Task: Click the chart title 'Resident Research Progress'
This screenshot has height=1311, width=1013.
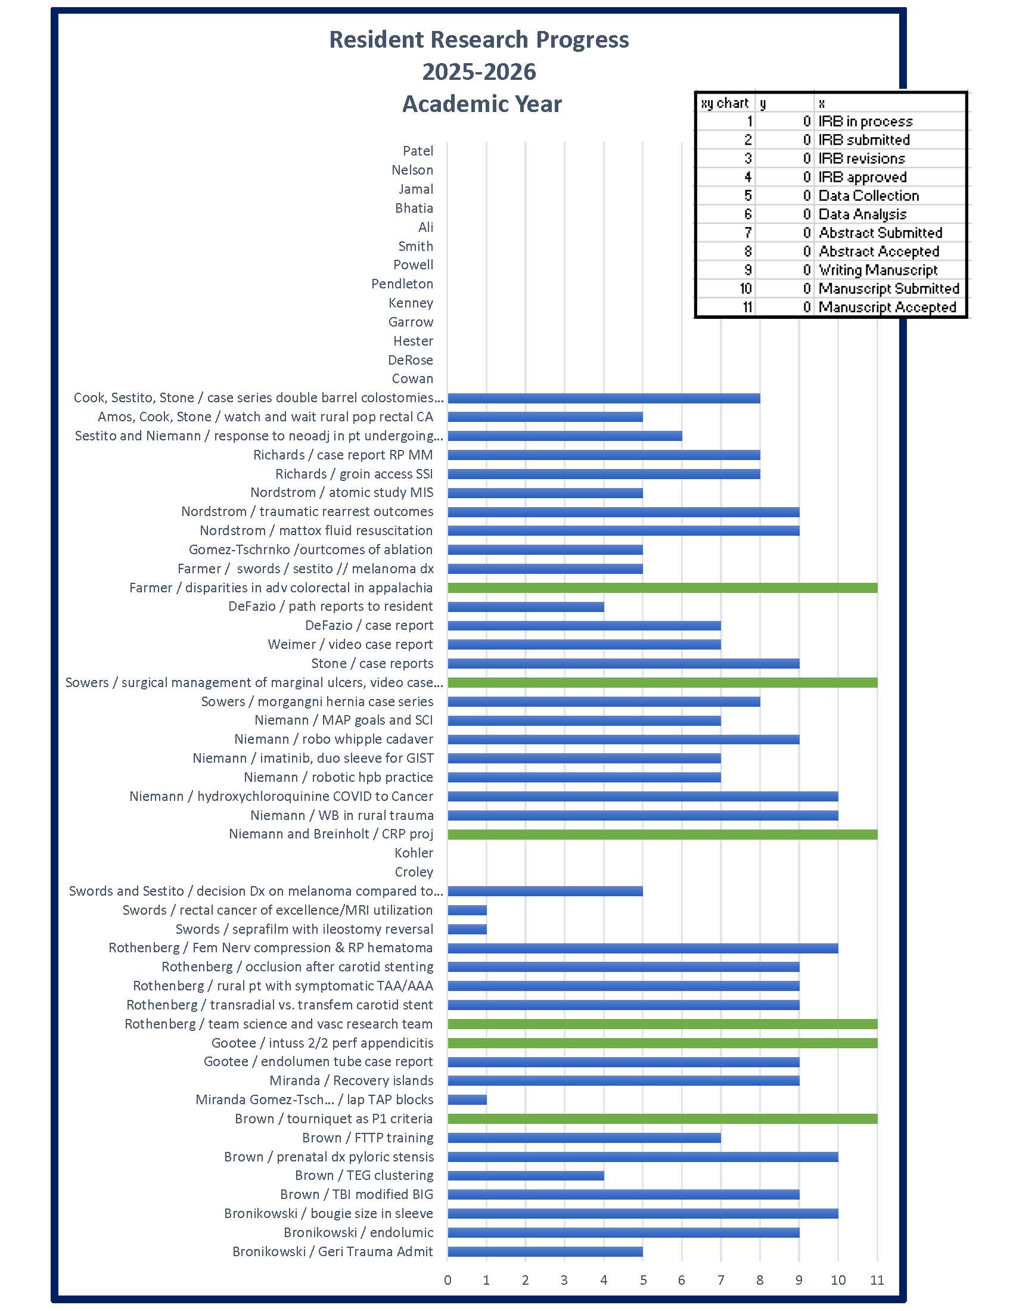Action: [x=479, y=39]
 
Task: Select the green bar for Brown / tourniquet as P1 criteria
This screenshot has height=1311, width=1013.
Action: [x=663, y=1119]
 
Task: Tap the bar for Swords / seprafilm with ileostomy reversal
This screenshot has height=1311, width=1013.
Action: [x=467, y=929]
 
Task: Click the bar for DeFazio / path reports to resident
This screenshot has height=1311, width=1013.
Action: [x=526, y=607]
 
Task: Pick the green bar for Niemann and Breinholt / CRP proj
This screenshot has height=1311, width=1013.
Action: [x=663, y=834]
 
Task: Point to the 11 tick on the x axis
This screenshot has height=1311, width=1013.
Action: [x=877, y=1281]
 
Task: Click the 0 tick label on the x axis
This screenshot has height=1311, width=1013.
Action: [x=448, y=1281]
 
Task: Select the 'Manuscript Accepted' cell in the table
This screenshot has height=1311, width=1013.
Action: [x=887, y=307]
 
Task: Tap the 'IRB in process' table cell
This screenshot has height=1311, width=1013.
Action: [x=865, y=121]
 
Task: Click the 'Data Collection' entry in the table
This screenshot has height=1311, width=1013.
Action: [x=868, y=195]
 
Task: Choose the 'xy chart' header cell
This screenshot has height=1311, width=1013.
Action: [x=725, y=103]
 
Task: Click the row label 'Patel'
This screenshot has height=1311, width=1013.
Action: [x=418, y=151]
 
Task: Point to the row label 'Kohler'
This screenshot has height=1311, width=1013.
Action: [x=414, y=853]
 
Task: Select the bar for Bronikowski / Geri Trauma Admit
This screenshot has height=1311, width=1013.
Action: [x=545, y=1251]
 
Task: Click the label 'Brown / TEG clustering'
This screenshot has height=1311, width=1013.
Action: [x=363, y=1175]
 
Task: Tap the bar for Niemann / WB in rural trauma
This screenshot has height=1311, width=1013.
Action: [x=643, y=815]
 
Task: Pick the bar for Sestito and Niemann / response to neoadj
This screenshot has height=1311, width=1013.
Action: [x=565, y=436]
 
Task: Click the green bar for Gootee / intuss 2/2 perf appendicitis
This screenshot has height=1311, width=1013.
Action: [x=663, y=1043]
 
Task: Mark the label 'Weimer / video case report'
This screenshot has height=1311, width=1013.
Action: [x=350, y=645]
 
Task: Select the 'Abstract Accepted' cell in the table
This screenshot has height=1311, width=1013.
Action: [x=878, y=251]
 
